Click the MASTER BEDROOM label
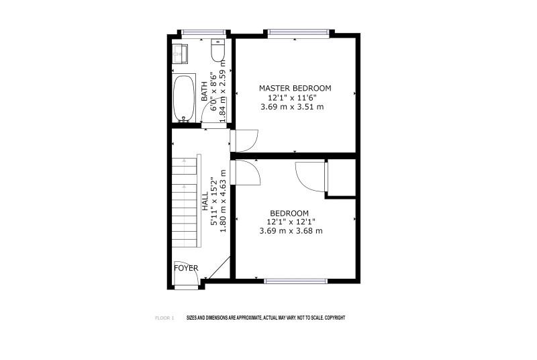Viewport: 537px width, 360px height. tap(295, 89)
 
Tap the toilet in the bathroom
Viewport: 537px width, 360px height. tap(217, 50)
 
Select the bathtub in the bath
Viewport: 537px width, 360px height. tap(184, 98)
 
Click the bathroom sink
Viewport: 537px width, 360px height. tap(180, 54)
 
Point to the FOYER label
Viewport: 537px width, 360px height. tap(186, 268)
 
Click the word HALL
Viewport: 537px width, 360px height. tap(205, 201)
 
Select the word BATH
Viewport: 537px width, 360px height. tap(204, 91)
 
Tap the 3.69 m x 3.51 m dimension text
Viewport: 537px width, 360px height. tap(292, 107)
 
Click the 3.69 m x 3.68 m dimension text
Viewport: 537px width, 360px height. tap(291, 231)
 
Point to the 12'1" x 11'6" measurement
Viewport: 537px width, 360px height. tap(292, 97)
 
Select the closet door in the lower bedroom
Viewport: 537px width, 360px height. tap(311, 177)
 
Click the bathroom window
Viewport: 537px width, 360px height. tap(203, 32)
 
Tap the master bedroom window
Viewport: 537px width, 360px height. tap(297, 32)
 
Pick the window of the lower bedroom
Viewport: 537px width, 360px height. tap(296, 281)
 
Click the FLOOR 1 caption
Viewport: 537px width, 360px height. tap(164, 318)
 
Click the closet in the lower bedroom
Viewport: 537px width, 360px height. tap(342, 177)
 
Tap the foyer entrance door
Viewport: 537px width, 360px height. tap(187, 277)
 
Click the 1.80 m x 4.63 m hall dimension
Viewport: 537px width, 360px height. tap(223, 201)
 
